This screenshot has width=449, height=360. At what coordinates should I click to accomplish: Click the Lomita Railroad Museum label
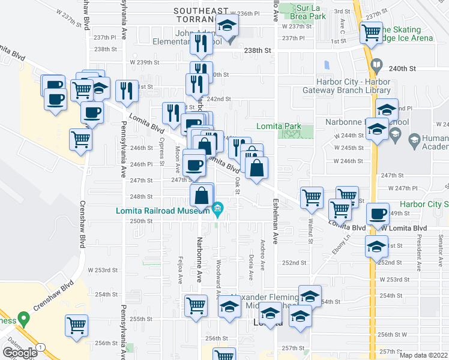coord(163,211)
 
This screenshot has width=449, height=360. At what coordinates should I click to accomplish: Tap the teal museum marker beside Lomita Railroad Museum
coord(217,209)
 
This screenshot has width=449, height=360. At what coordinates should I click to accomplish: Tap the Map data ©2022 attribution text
coord(424,355)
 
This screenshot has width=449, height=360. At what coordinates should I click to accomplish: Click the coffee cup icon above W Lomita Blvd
coord(378,214)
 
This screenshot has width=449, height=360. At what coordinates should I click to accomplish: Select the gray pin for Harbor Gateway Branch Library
coord(377,64)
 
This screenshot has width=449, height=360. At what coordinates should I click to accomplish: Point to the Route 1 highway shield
coord(40,347)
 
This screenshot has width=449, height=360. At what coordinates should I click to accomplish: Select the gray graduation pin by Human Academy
coord(414,140)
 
